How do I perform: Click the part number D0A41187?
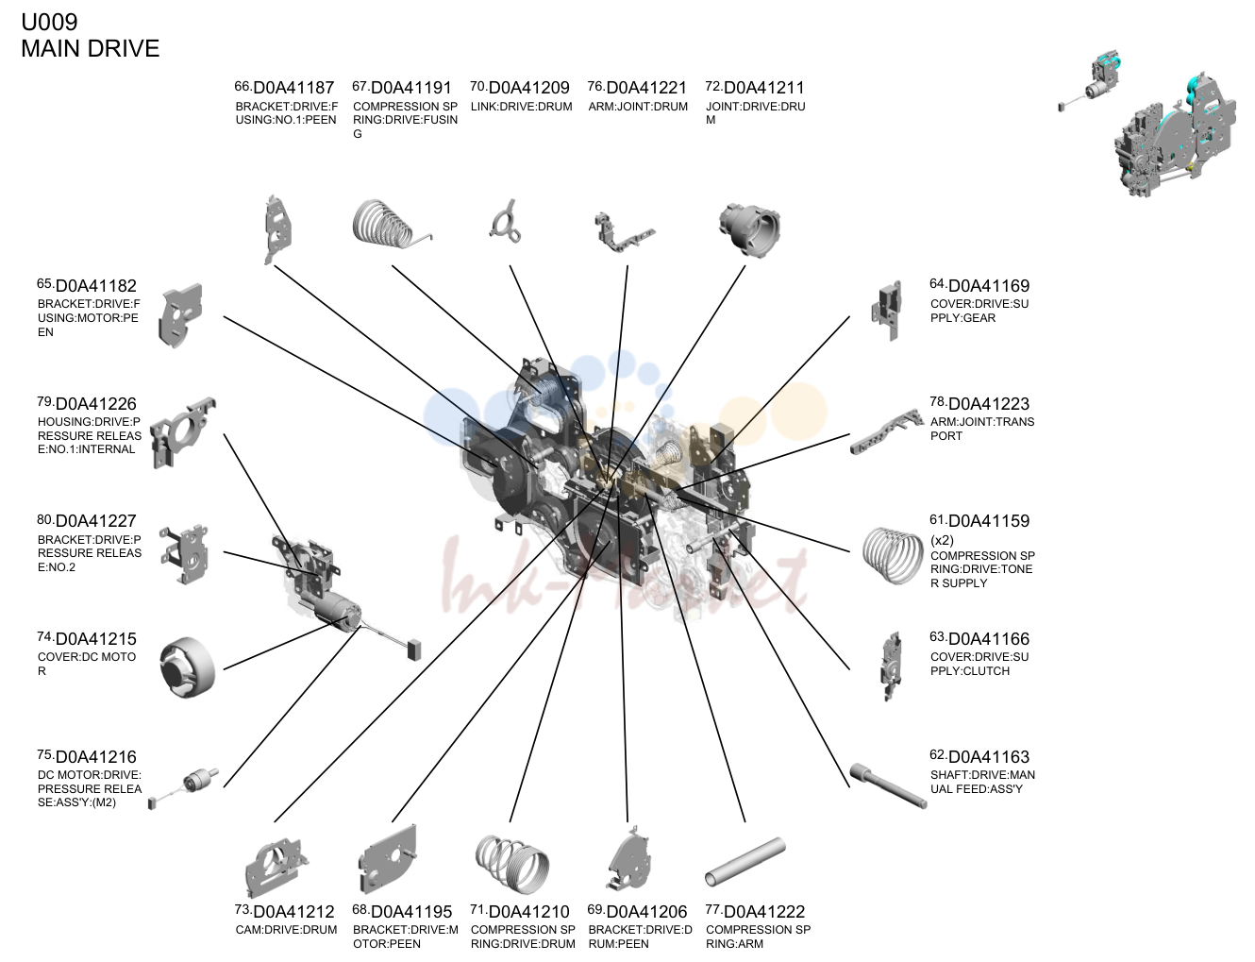pos(293,88)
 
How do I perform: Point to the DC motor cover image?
pos(187,667)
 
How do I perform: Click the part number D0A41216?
pos(96,757)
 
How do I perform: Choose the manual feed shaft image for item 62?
pos(888,785)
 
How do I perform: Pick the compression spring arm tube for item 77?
pos(745,862)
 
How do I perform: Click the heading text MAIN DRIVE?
pos(90,48)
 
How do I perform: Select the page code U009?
pos(49,22)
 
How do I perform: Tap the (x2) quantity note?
pos(942,540)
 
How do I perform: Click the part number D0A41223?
pos(989,404)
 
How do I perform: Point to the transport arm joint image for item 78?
pos(887,431)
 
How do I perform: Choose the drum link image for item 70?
pos(506,223)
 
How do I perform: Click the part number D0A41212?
pos(293,912)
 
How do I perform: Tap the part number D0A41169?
pos(989,286)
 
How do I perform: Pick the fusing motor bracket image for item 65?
pos(181,315)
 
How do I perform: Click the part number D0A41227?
pos(96,521)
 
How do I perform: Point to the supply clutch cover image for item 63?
pos(892,665)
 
